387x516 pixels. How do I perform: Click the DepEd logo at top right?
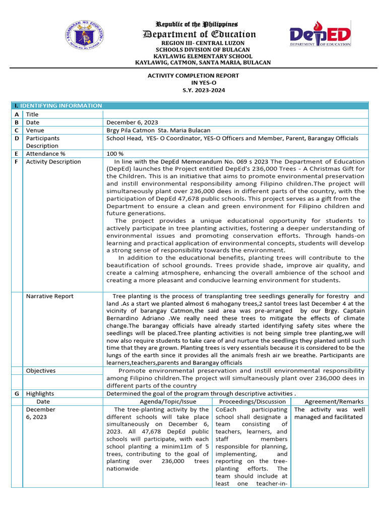pos(320,34)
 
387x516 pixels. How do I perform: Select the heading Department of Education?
pos(200,34)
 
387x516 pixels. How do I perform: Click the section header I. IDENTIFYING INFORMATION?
pos(58,106)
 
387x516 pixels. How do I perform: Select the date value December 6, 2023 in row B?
pos(132,122)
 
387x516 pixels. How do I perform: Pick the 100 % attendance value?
pos(115,154)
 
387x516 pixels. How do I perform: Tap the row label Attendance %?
pos(46,154)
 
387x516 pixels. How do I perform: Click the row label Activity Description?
pos(53,162)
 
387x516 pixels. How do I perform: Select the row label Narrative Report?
pos(50,296)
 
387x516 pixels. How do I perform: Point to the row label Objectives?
pos(41,371)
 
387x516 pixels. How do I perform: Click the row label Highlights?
pos(40,394)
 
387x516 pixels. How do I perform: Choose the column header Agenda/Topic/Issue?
pos(158,402)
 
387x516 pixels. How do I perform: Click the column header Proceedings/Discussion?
pos(251,402)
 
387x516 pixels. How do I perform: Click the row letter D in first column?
pos(17,138)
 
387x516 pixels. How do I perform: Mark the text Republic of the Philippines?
pos(197,24)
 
